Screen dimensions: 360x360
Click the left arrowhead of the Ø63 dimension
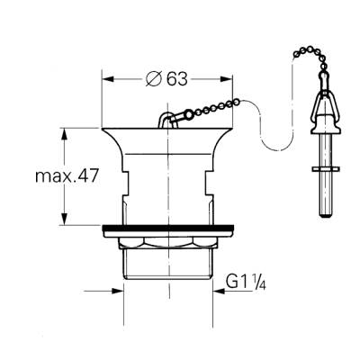(x=106, y=79)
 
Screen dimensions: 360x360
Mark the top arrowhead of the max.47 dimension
(x=65, y=132)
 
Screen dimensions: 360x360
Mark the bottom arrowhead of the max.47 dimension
(x=65, y=220)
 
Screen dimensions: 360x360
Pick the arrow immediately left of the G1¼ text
(x=220, y=291)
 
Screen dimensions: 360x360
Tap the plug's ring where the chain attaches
(x=163, y=121)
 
